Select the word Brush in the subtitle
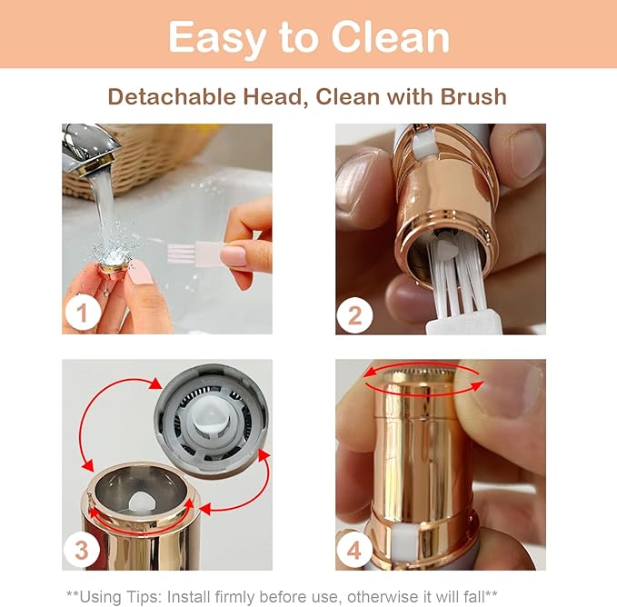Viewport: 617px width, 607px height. [x=473, y=96]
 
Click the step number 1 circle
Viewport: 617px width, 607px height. [x=82, y=314]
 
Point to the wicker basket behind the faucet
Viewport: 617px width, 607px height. [x=154, y=145]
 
